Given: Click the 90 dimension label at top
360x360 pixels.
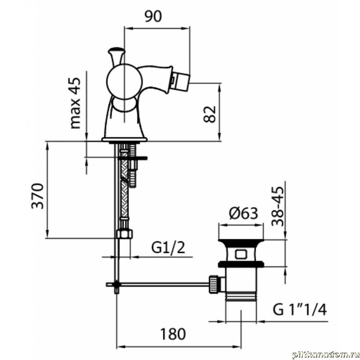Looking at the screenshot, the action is pyautogui.click(x=153, y=16).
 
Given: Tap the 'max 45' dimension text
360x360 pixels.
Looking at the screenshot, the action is pyautogui.click(x=75, y=103).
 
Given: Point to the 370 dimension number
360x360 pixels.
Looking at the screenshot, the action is pyautogui.click(x=37, y=195).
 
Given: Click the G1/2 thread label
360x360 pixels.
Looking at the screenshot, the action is pyautogui.click(x=168, y=248).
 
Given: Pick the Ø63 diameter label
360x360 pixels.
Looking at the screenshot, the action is pyautogui.click(x=244, y=213).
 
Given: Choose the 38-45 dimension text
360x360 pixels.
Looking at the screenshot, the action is pyautogui.click(x=278, y=206).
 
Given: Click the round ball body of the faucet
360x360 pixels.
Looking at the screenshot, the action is pyautogui.click(x=124, y=81).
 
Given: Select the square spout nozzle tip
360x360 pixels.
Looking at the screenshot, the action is pyautogui.click(x=181, y=81).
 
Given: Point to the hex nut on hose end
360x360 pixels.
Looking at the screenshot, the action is pyautogui.click(x=125, y=234).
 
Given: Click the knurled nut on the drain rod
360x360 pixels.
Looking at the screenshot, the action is pyautogui.click(x=213, y=284).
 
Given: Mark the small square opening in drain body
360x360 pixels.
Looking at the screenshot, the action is pyautogui.click(x=240, y=255).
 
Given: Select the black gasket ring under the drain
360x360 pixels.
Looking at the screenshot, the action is pyautogui.click(x=241, y=264).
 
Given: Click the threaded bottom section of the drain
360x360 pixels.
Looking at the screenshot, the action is pyautogui.click(x=241, y=296).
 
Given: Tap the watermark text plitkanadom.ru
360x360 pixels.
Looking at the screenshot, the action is pyautogui.click(x=325, y=355).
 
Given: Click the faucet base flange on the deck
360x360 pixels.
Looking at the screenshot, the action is pyautogui.click(x=125, y=139).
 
